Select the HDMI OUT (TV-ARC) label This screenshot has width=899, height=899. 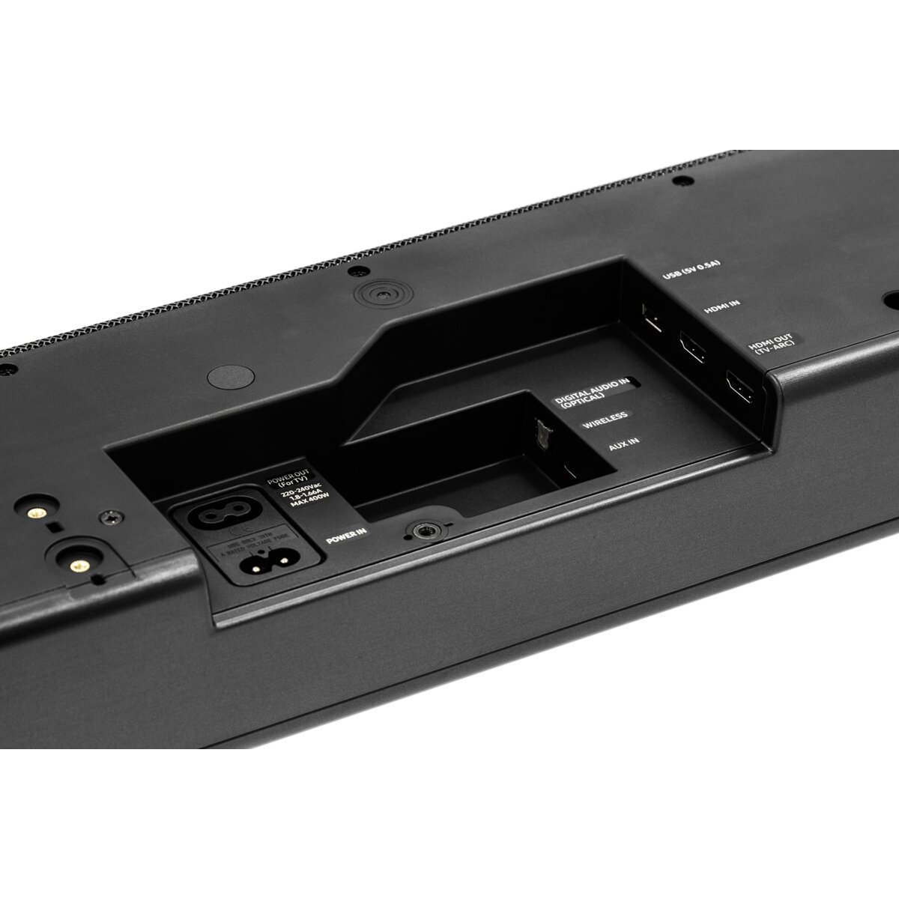[772, 346]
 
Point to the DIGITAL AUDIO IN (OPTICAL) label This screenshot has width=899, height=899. [589, 392]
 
